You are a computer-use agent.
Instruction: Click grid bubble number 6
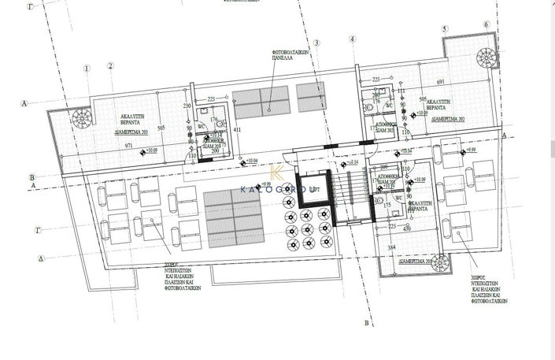487,24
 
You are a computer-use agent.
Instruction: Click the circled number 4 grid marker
353,40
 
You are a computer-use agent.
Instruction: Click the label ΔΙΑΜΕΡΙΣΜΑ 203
128,133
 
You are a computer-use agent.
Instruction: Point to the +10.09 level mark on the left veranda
149,150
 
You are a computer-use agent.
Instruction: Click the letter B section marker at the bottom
366,323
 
